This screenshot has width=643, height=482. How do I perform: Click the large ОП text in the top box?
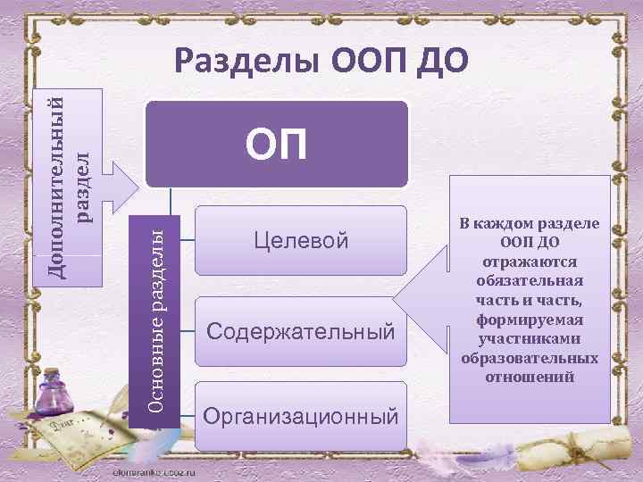tap(276, 145)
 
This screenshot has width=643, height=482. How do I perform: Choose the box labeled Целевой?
tap(300, 240)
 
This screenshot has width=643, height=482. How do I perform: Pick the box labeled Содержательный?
tap(300, 331)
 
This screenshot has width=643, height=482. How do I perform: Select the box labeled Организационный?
tap(300, 416)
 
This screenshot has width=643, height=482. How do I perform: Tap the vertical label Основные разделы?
tap(155, 317)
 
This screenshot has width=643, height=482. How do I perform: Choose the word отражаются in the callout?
tap(530, 261)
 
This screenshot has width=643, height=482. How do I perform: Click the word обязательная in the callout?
tap(530, 280)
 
